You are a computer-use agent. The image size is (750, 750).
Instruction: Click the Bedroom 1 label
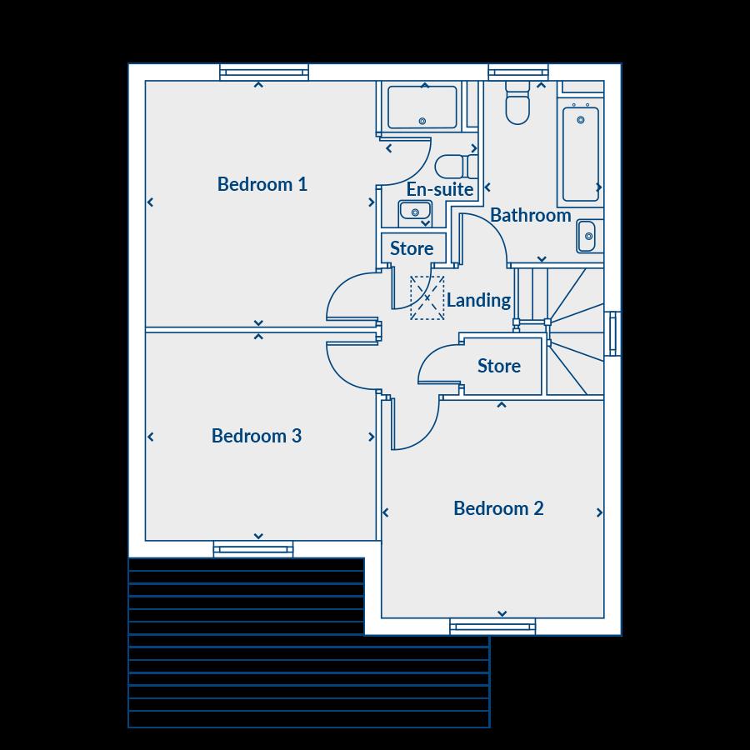262,184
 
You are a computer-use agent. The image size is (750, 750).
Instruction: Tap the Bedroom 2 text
498,508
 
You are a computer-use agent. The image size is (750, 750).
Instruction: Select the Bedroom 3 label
257,436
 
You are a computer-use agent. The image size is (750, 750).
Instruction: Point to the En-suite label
439,189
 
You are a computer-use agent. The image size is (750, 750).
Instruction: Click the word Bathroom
530,215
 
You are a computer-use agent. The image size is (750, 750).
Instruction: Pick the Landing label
478,300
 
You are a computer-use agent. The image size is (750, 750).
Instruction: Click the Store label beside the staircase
499,366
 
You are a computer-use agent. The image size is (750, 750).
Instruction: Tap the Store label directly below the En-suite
412,248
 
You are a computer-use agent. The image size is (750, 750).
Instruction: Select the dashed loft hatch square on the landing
427,298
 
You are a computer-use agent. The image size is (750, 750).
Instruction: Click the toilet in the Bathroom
517,103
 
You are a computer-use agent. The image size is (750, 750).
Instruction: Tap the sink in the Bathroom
588,237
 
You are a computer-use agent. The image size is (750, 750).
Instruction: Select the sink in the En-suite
414,212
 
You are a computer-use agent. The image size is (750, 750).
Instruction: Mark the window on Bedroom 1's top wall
264,73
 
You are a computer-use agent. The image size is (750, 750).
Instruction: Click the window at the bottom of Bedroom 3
253,548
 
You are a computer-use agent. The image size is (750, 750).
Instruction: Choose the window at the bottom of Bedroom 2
492,627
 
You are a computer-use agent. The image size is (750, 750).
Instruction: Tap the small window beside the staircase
612,333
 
